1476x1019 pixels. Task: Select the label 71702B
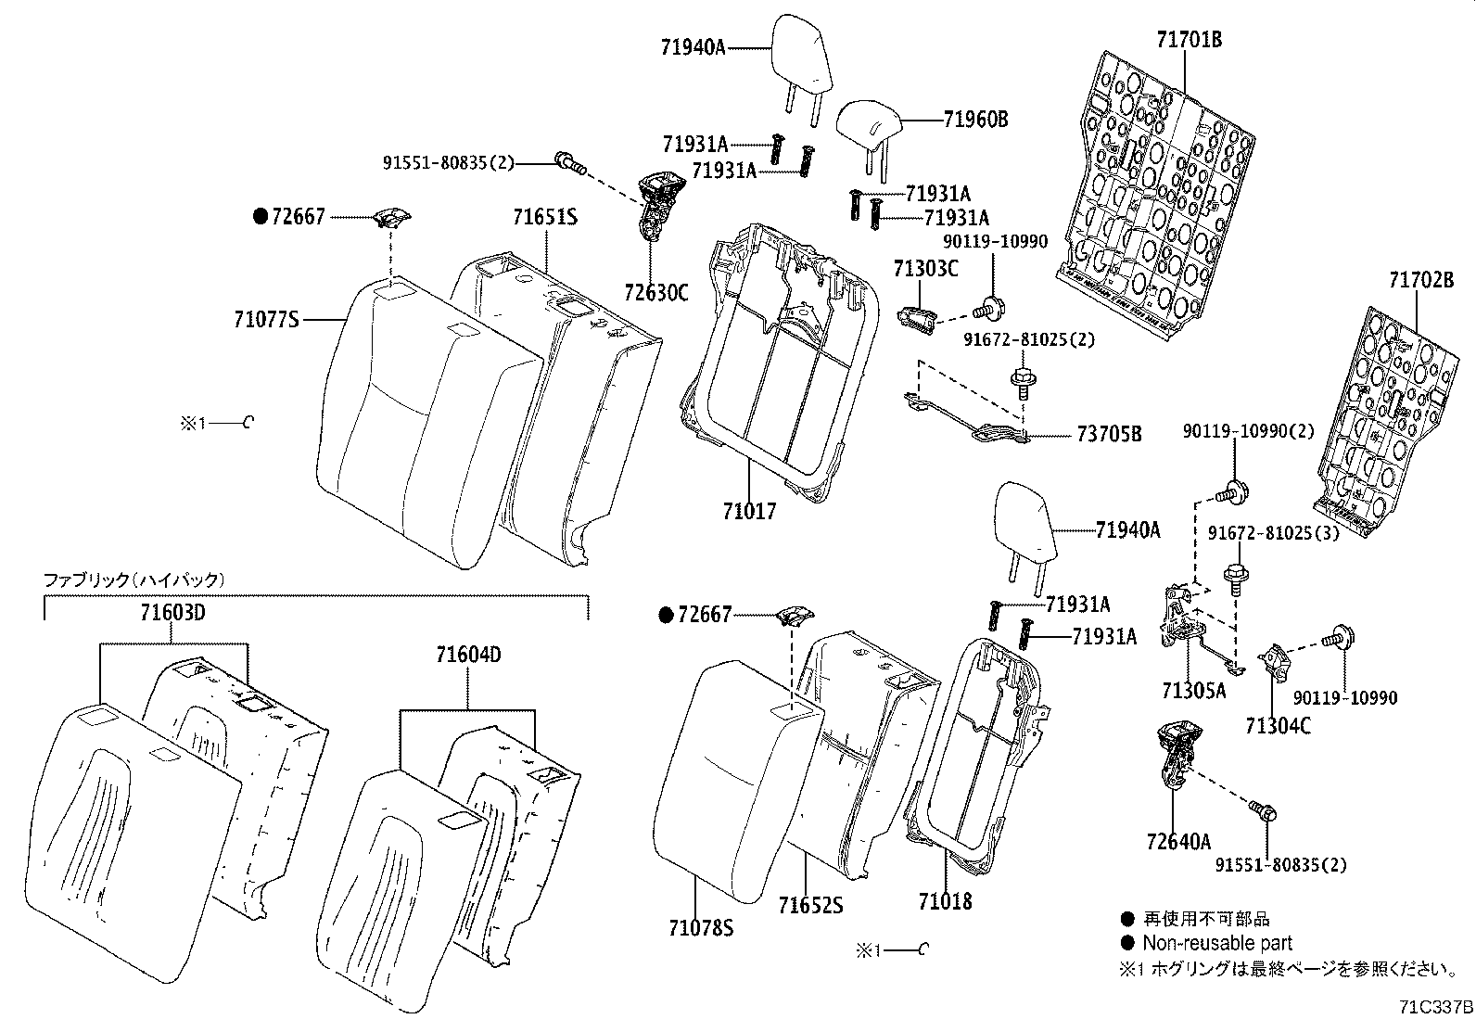(1421, 279)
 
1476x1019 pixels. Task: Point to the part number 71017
(749, 511)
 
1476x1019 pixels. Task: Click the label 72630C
(656, 293)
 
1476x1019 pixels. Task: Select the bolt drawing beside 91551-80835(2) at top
(568, 163)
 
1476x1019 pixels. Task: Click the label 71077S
(267, 320)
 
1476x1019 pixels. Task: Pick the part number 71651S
(545, 217)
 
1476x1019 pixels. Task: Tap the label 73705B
(1109, 433)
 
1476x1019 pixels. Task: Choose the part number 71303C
(925, 269)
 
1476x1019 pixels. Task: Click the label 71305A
(1193, 691)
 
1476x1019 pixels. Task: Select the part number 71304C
(1279, 726)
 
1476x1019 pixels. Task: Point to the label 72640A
(1178, 842)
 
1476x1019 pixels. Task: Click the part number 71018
(946, 900)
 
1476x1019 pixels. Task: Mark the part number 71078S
(701, 926)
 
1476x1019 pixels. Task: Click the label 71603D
(172, 613)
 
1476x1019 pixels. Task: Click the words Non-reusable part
(1217, 944)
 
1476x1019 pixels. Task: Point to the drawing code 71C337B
(1436, 1007)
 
